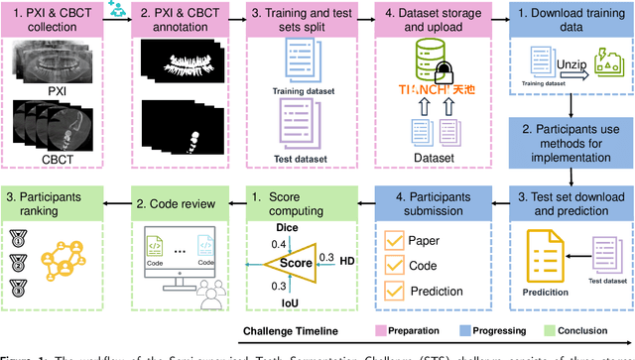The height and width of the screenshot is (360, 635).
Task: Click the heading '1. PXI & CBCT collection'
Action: pos(56,20)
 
